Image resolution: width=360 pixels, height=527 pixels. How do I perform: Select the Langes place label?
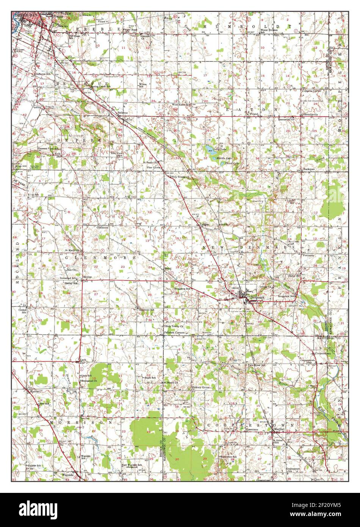click(205, 224)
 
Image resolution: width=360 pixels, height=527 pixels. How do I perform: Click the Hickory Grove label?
click(201, 387)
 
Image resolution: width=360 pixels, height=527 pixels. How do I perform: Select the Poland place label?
click(253, 113)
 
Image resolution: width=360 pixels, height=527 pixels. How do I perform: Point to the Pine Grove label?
click(155, 167)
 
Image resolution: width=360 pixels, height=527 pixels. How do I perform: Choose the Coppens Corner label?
click(311, 91)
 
